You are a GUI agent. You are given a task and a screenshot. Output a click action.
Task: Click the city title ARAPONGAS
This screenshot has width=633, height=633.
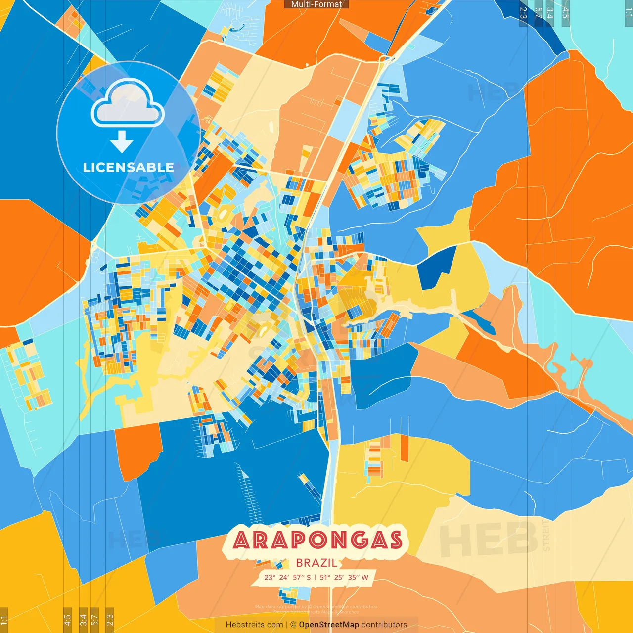pos(317,540)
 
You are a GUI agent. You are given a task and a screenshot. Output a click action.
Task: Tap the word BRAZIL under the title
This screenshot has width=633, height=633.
pos(316,563)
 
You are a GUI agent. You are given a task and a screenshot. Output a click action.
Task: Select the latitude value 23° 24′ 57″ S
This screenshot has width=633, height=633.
pos(287,577)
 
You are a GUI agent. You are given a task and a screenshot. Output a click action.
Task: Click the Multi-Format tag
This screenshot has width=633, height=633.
pos(316,4)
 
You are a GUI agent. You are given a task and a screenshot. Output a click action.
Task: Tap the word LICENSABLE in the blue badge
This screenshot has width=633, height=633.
pos(128,167)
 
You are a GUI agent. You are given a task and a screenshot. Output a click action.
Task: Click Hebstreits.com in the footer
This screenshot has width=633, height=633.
pos(254,625)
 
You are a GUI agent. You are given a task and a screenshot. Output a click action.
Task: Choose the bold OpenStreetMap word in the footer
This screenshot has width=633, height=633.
pos(328,625)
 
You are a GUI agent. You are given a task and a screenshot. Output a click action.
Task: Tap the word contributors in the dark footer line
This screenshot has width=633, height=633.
pos(384,625)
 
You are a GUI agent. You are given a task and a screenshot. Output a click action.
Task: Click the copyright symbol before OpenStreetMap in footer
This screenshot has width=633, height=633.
pos(293,625)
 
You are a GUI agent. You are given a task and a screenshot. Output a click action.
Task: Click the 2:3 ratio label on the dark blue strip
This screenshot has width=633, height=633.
pos(523,13)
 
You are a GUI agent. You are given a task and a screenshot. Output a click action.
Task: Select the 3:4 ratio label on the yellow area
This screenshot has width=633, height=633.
pos(83,619)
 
